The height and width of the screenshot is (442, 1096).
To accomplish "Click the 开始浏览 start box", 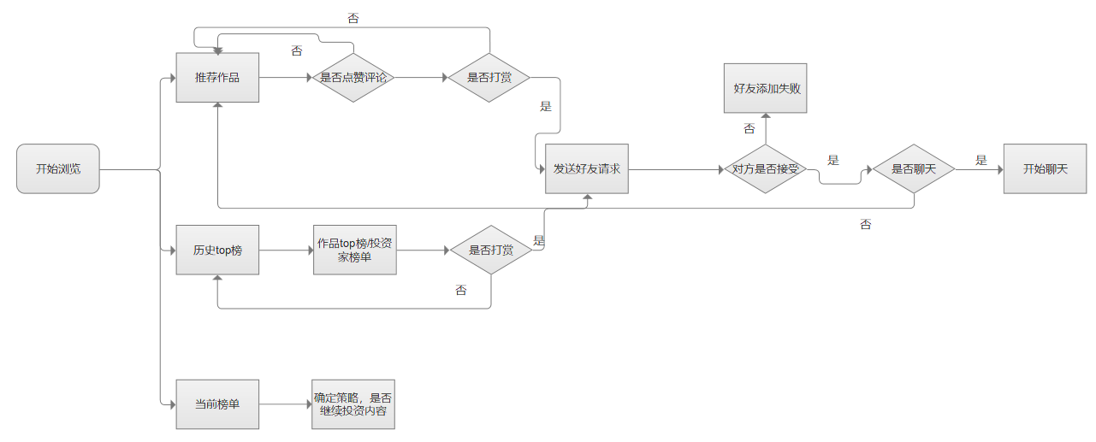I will [x=58, y=169].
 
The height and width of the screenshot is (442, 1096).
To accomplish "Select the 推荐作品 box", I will [x=217, y=78].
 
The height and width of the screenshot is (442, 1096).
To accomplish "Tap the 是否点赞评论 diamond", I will [x=353, y=78].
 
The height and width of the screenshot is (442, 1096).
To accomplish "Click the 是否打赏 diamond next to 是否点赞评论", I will [x=490, y=78].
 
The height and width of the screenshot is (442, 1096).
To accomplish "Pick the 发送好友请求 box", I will [x=587, y=169].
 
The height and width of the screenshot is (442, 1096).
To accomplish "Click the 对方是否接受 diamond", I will [x=765, y=169].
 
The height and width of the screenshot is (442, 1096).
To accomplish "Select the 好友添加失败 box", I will [x=767, y=88].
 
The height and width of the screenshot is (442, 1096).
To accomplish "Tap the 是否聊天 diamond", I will [x=914, y=169].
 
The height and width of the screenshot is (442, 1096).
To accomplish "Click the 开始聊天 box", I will [x=1046, y=169].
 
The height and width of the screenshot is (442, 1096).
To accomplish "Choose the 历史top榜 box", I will [x=217, y=250].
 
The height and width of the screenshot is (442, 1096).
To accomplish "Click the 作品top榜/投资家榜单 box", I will [x=354, y=250].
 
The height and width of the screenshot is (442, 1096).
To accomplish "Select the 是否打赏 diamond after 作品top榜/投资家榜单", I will [x=491, y=250].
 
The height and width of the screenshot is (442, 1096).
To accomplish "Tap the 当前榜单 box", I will [x=217, y=404].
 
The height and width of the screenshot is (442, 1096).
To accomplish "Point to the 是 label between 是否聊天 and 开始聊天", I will [x=981, y=160].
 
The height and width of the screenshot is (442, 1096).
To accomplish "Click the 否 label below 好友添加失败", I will [x=749, y=129].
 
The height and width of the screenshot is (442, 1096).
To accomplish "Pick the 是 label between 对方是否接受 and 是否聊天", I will [x=833, y=160].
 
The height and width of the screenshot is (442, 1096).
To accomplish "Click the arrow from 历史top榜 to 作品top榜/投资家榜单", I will [x=286, y=250].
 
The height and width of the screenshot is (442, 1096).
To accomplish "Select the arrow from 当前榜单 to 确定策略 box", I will [x=286, y=404].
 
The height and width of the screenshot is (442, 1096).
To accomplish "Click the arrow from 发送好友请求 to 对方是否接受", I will [x=676, y=169].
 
